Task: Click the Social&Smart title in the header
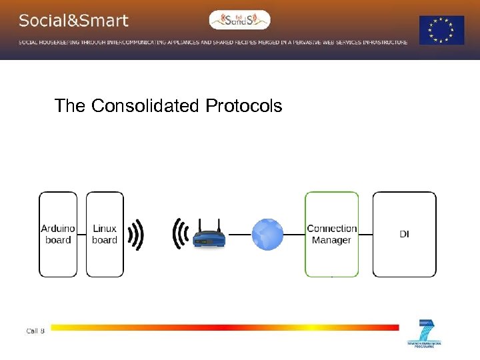[73, 21]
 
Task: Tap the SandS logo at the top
[240, 20]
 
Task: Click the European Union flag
[441, 30]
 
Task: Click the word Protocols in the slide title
[244, 106]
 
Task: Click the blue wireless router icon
[209, 237]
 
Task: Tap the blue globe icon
[267, 235]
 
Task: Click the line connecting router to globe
[238, 235]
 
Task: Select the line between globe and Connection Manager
[294, 235]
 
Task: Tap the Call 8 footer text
[35, 331]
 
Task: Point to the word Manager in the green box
[331, 240]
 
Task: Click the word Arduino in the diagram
[58, 229]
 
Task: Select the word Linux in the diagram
[105, 229]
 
